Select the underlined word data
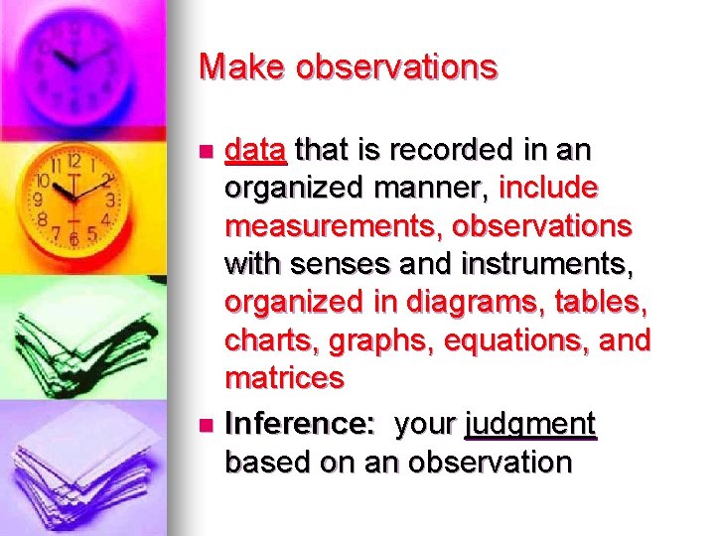(256, 151)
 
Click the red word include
(549, 189)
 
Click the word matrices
(285, 378)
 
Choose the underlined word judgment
(530, 425)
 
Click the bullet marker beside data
(206, 152)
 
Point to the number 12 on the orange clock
(73, 160)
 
